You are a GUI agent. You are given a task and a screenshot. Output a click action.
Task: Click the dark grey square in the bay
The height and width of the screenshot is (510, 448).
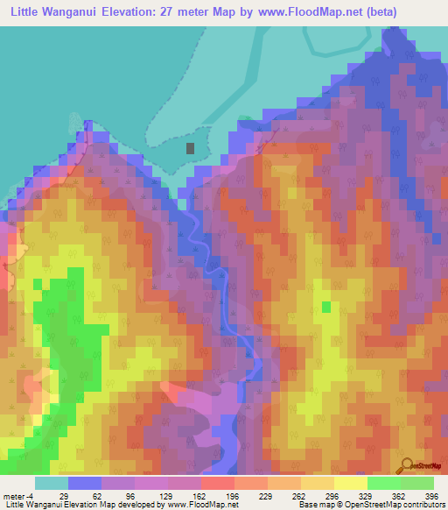tap(192, 148)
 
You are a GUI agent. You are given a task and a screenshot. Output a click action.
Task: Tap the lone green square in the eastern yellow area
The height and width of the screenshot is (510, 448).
tap(326, 307)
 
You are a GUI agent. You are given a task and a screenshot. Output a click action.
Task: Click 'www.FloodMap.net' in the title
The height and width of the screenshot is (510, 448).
tap(297, 12)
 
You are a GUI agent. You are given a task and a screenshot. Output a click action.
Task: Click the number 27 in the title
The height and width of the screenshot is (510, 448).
tap(189, 12)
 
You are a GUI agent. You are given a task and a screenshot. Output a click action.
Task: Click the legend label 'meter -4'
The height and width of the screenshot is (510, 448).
tap(19, 496)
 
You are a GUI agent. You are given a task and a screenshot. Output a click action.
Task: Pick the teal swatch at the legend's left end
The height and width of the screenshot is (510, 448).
tap(52, 483)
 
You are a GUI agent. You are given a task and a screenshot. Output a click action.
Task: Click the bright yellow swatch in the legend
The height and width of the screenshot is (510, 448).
tap(350, 483)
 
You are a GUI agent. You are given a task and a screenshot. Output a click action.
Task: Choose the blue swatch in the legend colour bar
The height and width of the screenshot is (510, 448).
tap(85, 483)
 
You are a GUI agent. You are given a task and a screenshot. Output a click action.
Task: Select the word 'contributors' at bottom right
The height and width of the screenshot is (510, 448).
tap(420, 506)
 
